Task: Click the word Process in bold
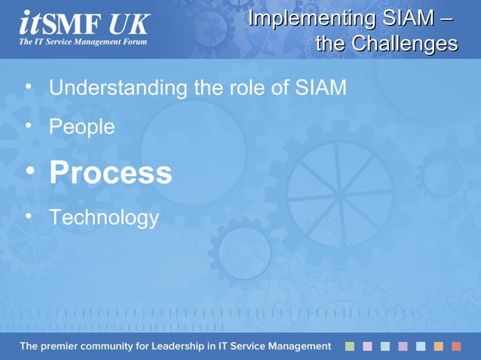click(x=110, y=173)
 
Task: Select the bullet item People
click(x=81, y=127)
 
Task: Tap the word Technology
click(x=104, y=218)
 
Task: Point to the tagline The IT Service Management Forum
click(x=83, y=41)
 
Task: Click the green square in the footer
click(x=350, y=346)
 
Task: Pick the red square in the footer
click(x=456, y=346)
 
